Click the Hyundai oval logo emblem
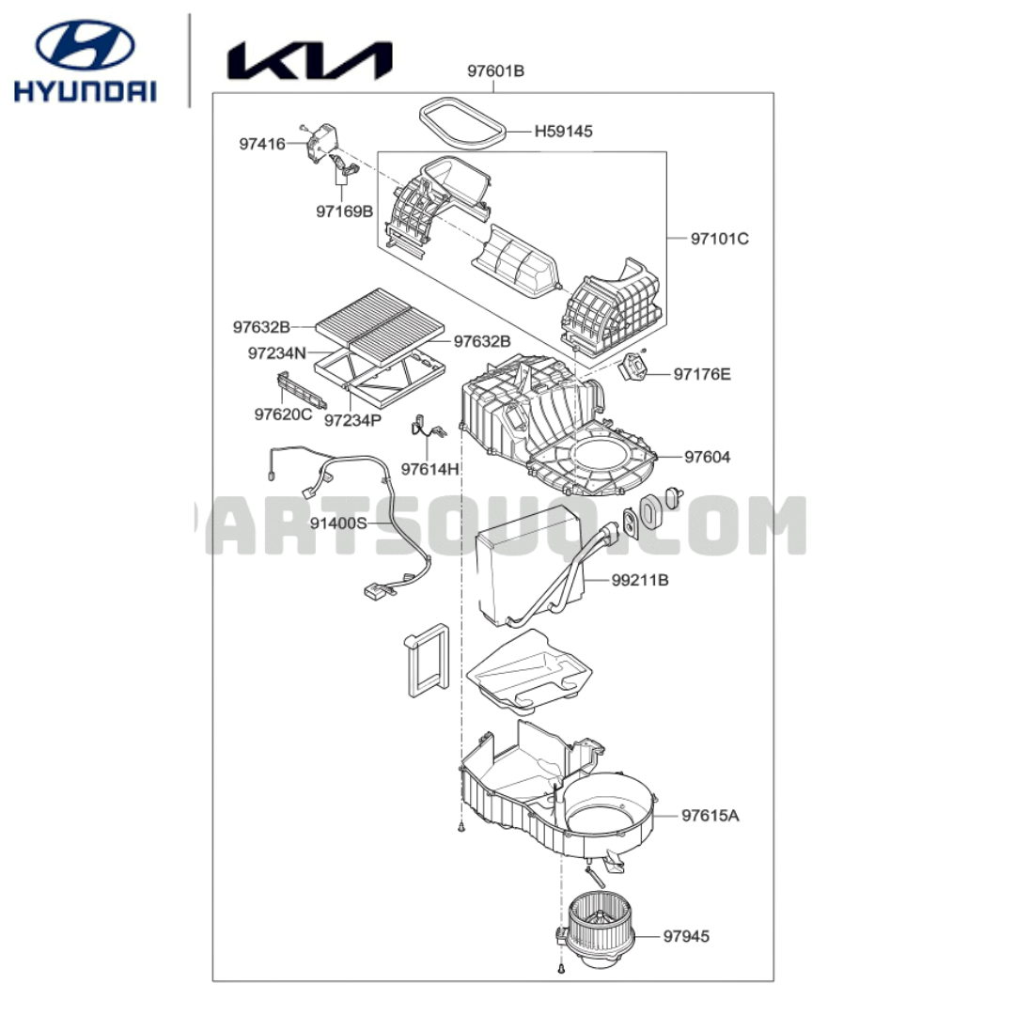tap(85, 45)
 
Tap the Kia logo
tap(309, 61)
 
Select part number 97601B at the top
tap(496, 71)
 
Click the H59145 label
tap(563, 132)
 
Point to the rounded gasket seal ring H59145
tap(461, 123)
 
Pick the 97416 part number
tap(262, 144)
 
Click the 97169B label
tap(344, 211)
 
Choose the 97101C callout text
tap(720, 239)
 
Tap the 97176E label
tap(702, 374)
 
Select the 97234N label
tap(277, 353)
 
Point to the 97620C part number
tap(284, 414)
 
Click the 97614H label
tap(429, 469)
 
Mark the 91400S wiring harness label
tap(338, 523)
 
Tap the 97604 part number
tap(708, 457)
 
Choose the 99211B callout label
tap(640, 580)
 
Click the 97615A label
tap(710, 816)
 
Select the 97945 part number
tap(686, 936)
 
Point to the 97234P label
tap(352, 420)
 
